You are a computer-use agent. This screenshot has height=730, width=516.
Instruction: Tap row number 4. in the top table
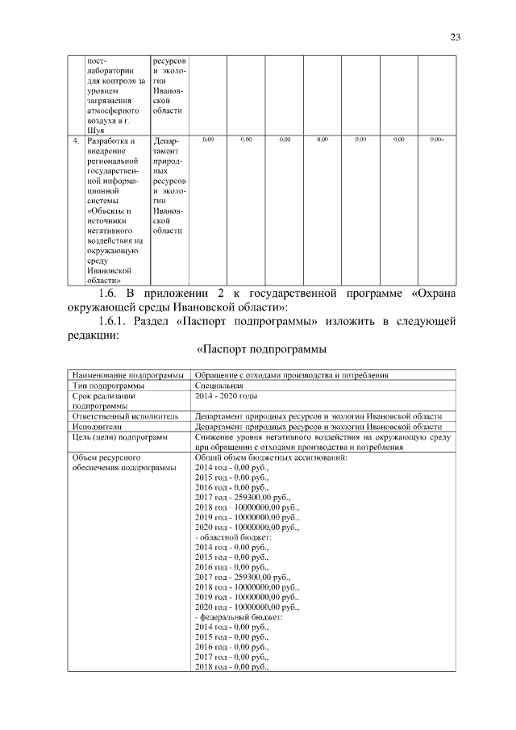coord(75,140)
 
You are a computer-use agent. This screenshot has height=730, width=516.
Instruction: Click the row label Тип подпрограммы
coord(107,386)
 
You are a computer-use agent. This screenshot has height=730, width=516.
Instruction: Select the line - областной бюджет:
coord(233,537)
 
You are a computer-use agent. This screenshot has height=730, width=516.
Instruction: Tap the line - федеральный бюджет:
coord(238,616)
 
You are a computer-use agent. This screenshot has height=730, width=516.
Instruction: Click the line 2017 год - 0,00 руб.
coord(231,657)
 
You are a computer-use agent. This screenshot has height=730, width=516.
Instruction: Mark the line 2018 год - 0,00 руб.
coord(231,667)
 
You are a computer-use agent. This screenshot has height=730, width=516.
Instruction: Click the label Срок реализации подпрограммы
coord(103,401)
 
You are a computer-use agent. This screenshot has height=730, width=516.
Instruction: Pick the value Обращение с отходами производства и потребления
coord(291,375)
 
